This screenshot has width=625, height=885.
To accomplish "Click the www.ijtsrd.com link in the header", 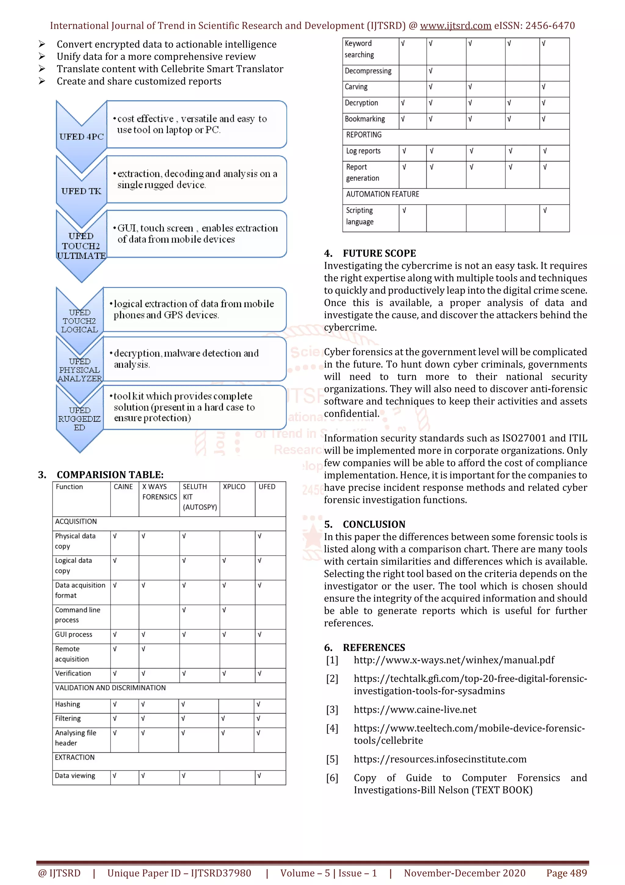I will coord(455,26).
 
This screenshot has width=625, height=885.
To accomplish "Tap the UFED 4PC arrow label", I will coord(81,137).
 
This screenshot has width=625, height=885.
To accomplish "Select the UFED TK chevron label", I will coord(81,191).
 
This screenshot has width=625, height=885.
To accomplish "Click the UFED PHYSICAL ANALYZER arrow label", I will coord(80,370).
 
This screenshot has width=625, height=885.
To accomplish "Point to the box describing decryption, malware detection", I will coord(194,359).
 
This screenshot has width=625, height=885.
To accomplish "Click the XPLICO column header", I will coord(234,487).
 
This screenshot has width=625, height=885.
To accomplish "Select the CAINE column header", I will coord(123,487).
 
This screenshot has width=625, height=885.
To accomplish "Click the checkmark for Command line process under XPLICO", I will coord(224,610).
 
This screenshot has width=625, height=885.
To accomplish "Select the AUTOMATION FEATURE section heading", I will coord(382,194).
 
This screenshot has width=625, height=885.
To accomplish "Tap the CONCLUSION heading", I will coord(374,524).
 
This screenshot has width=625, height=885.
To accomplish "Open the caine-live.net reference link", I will coord(415,710).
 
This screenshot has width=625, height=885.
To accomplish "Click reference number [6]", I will coord(332,778).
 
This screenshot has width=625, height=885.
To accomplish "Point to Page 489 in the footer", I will coord(566,873).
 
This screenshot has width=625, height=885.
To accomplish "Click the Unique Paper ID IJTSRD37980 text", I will coord(179,873).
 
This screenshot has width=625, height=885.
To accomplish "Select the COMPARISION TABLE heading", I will coord(110,475).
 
